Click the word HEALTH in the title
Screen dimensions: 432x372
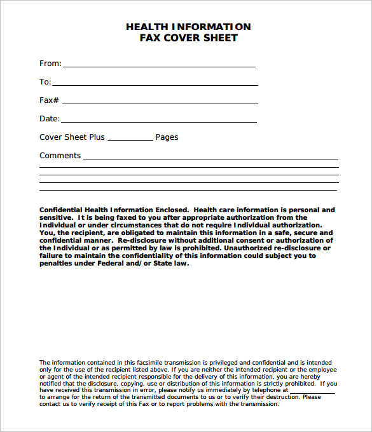146,27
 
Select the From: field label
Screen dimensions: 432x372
50,64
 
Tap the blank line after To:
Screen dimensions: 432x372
155,84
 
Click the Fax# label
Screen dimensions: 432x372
49,100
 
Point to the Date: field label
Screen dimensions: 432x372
50,119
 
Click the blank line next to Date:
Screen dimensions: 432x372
159,121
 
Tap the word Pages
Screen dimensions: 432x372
167,137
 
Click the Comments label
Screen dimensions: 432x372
60,156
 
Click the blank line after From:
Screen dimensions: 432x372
159,65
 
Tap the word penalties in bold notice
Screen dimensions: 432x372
58,264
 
